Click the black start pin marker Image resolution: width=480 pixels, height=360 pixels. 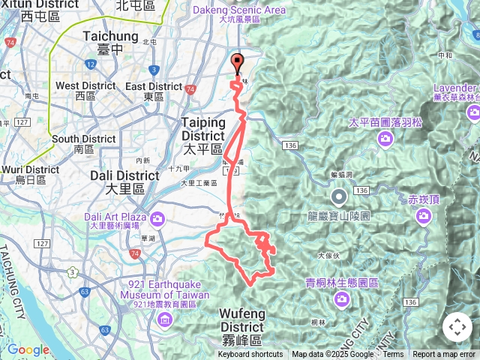coord(238,63)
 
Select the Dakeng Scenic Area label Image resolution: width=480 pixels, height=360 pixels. coord(239,10)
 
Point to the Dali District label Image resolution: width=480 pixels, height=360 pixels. coord(124,175)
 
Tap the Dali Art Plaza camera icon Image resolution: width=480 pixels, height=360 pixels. coord(157,218)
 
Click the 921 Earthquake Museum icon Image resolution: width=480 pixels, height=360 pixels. coord(165,321)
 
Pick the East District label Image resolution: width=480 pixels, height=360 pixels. coord(154,86)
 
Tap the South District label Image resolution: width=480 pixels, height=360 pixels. coord(84,139)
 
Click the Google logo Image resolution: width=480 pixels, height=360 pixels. coord(28,349)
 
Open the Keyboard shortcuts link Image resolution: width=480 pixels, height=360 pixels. coord(250,355)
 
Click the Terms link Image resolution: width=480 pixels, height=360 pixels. coord(393,355)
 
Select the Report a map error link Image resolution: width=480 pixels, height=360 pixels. coord(445,355)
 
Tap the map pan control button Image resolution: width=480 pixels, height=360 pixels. coord(457,327)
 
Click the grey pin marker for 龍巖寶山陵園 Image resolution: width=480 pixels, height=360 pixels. coord(339,197)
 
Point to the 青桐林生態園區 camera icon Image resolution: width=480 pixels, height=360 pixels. coord(342,299)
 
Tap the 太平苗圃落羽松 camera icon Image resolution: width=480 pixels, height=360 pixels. coord(385,138)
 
